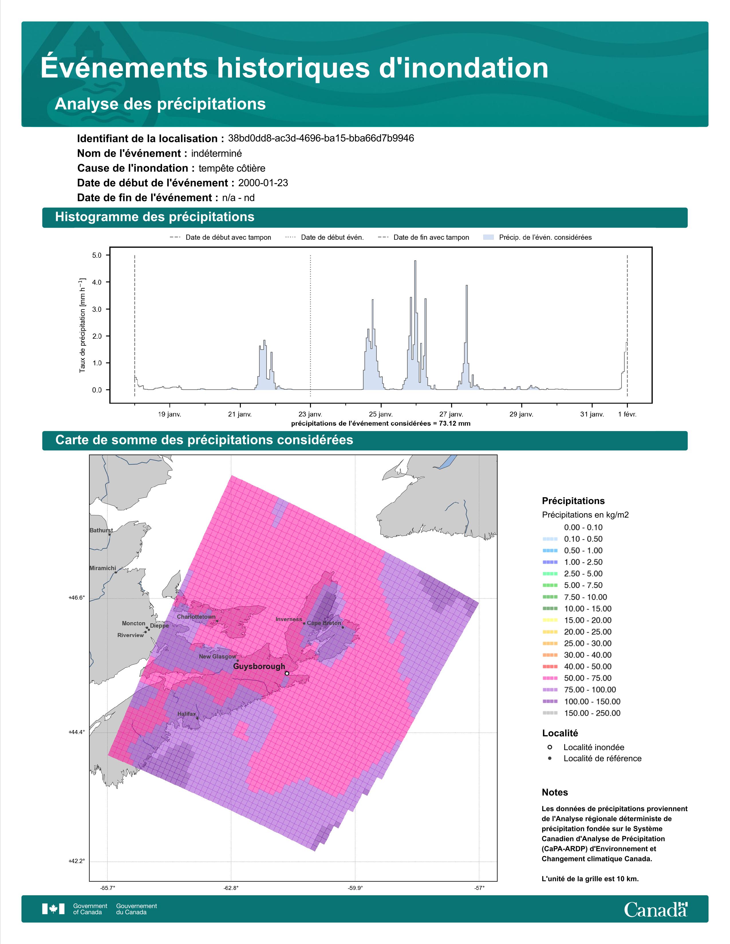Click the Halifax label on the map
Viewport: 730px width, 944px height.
pos(186,714)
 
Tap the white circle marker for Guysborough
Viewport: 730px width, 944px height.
pos(287,673)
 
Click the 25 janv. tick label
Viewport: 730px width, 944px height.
pos(380,414)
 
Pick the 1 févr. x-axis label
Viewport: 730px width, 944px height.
pos(627,414)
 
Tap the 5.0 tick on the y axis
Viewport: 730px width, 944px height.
pos(97,255)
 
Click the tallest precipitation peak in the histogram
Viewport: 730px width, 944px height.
pos(415,261)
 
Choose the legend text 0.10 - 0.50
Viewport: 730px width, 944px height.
pos(583,539)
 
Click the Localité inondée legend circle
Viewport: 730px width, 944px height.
pos(550,747)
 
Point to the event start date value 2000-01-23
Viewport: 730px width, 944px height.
pos(263,183)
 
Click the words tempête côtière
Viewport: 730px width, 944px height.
pos(232,168)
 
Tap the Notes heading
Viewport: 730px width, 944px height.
pos(555,792)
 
